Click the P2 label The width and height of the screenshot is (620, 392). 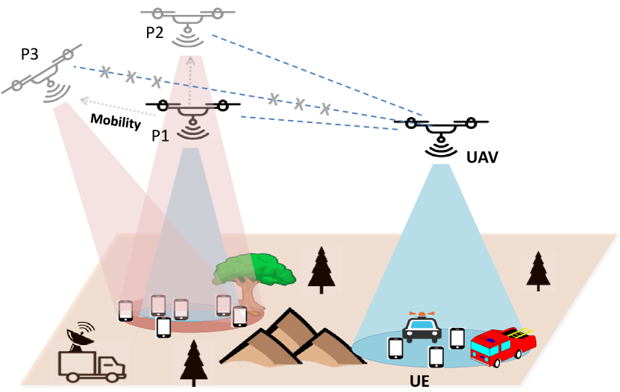(154, 32)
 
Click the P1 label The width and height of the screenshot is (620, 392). (160, 135)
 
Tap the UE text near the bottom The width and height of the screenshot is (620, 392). (420, 382)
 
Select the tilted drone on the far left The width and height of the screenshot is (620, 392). (48, 80)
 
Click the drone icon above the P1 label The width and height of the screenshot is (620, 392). (192, 116)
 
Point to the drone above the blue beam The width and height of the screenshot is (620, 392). (440, 134)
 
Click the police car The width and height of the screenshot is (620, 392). (422, 327)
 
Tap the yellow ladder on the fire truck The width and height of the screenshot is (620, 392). (520, 332)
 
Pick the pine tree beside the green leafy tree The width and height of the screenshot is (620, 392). (321, 270)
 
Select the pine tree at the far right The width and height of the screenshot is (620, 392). (537, 271)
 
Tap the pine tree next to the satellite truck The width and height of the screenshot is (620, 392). (193, 362)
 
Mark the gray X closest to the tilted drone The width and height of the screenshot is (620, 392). (105, 72)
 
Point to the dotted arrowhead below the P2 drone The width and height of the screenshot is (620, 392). (190, 60)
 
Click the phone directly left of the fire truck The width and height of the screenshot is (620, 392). (457, 338)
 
